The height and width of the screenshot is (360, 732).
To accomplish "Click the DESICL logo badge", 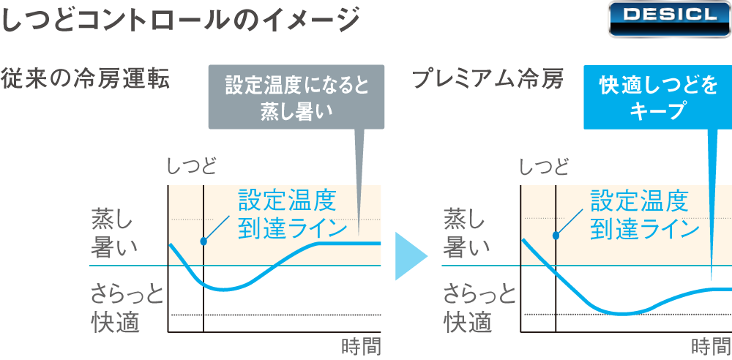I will pyautogui.click(x=668, y=18).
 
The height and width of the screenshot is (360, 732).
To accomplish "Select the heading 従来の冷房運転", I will pyautogui.click(x=86, y=78).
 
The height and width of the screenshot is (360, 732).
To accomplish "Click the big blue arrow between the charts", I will pyautogui.click(x=410, y=256).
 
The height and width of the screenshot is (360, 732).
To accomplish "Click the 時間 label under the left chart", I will pyautogui.click(x=362, y=345).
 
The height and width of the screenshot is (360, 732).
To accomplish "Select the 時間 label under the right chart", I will pyautogui.click(x=712, y=345).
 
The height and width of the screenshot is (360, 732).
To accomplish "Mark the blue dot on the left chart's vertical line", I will pyautogui.click(x=203, y=241).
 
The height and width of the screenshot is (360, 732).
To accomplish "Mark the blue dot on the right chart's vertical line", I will pyautogui.click(x=556, y=236).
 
